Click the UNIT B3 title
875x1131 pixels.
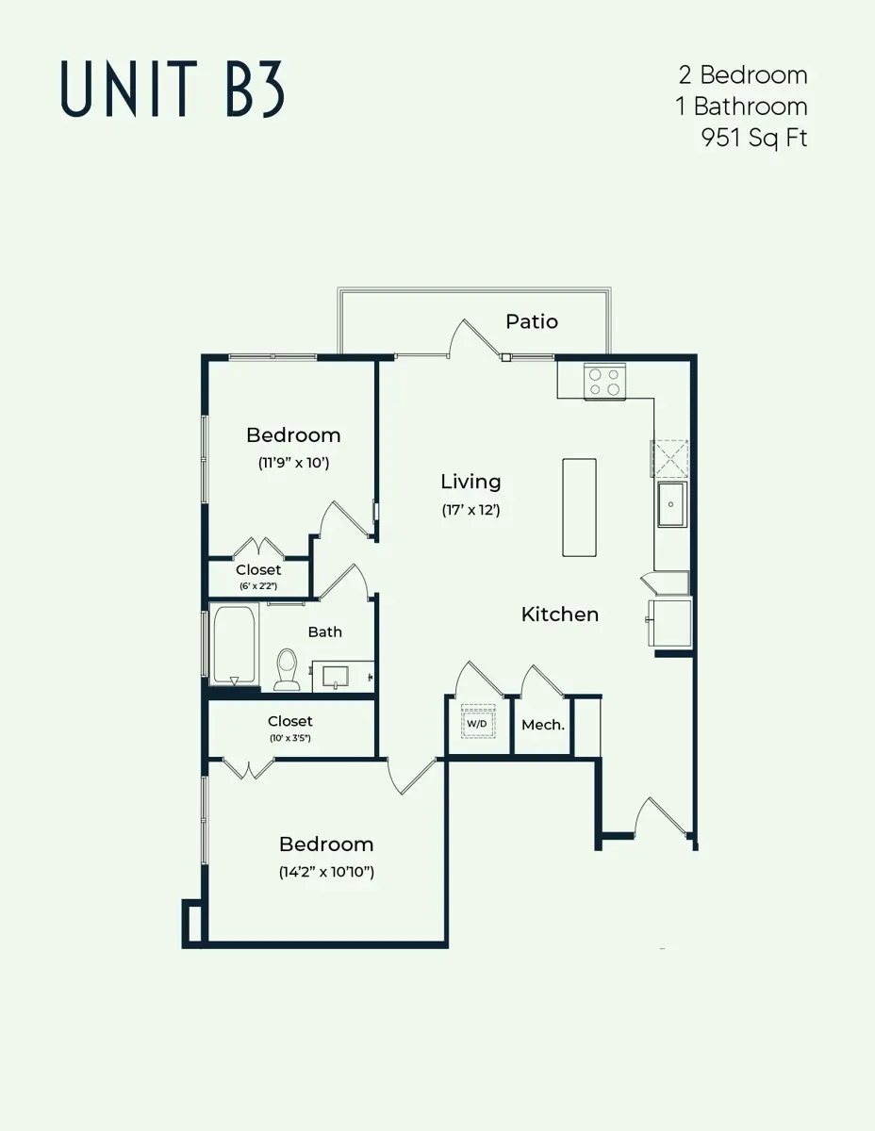(x=173, y=89)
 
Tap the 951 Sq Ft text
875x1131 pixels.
(x=753, y=138)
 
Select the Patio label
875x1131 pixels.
(x=532, y=321)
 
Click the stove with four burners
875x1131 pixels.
(x=604, y=382)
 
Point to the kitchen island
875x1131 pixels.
(x=579, y=507)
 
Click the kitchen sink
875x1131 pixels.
(x=671, y=504)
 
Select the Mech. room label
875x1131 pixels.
(x=543, y=725)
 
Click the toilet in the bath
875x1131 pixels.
(x=287, y=668)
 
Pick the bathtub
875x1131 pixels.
(x=233, y=646)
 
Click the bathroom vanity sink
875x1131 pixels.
(x=335, y=676)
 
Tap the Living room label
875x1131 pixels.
(x=471, y=482)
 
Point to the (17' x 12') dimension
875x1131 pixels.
(x=471, y=510)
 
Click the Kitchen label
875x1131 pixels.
(x=560, y=615)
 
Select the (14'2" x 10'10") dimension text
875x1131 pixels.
(x=326, y=872)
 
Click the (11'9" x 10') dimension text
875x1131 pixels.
(x=293, y=463)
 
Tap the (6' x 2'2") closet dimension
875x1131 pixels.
(x=258, y=585)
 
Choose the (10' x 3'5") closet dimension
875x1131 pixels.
(x=289, y=737)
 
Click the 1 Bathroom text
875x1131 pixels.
(x=741, y=106)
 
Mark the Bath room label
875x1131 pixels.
(x=324, y=631)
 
